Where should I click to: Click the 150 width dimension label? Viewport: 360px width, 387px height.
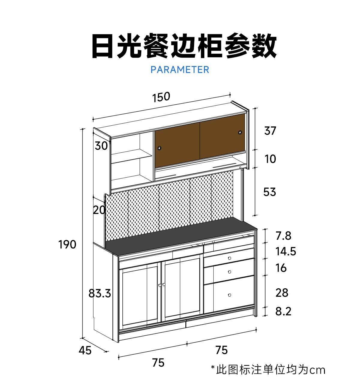coord(161,97)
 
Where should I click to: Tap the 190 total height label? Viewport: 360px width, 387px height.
coord(67,244)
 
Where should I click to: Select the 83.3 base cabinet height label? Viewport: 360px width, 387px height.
coord(100,293)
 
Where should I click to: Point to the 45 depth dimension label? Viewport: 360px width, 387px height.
coord(85,350)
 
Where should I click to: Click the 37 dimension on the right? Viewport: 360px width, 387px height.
coord(270,131)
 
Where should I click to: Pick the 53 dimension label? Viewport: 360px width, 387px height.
coord(269,192)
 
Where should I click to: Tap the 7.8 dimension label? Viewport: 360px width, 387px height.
coord(283,236)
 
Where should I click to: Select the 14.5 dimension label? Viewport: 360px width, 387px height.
coord(286,251)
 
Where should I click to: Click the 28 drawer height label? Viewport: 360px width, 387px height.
coord(282,292)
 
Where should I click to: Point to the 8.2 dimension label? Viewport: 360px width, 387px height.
coord(283,311)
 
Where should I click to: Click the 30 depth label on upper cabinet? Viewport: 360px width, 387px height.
coord(101,146)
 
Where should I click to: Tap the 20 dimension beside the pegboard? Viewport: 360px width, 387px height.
coord(99,210)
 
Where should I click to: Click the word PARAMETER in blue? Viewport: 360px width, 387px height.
coord(180,70)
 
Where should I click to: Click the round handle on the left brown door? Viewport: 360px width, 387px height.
coord(159,148)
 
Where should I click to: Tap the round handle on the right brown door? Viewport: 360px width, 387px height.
coord(240,132)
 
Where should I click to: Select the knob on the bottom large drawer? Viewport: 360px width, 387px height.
coord(229,295)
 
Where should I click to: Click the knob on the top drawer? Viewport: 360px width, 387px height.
coord(229,258)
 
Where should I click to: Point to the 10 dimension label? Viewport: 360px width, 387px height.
coord(270,159)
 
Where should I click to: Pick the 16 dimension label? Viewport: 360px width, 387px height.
coord(281,268)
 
